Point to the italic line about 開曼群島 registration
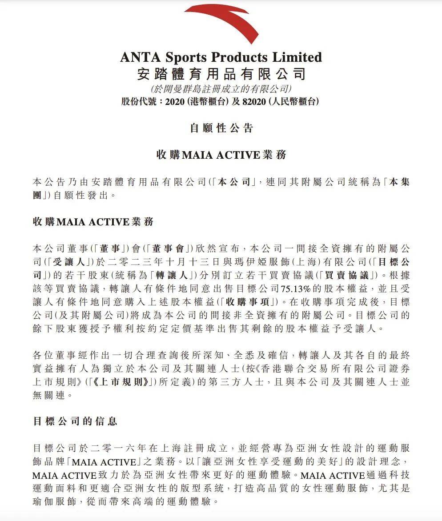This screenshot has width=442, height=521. pyautogui.click(x=221, y=88)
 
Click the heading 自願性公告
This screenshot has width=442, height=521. pyautogui.click(x=221, y=128)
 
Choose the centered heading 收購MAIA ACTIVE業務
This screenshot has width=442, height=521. pyautogui.click(x=221, y=155)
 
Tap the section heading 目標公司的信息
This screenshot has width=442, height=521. pyautogui.click(x=75, y=421)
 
